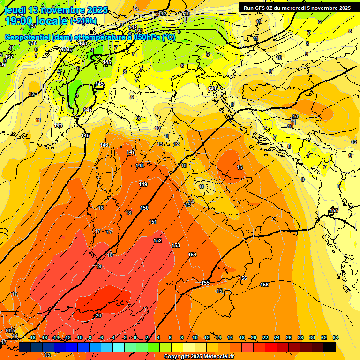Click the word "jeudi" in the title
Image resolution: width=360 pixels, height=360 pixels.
pos(15,10)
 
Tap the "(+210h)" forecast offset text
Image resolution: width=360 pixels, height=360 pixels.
pos(83,21)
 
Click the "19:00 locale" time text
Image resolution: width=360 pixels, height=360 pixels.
pos(36,21)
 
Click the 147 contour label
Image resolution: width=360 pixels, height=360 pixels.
pos(131,152)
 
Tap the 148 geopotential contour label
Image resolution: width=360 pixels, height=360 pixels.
pos(140,165)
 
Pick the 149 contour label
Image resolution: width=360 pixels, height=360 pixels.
pos(143,184)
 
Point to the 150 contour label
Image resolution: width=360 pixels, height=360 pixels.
pos(144,208)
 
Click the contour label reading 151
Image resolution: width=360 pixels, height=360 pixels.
pos(153,222)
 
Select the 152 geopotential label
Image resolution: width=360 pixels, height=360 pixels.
pos(157,240)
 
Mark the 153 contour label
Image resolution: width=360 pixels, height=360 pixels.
pos(176,245)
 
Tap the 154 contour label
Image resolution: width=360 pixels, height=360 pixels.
pos(192,255)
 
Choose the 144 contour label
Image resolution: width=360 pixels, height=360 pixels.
pos(58,125)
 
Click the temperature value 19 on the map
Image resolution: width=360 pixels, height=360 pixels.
pos(98,266)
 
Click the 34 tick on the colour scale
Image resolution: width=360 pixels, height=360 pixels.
pos(335,337)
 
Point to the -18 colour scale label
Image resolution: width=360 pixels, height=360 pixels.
pos(32,337)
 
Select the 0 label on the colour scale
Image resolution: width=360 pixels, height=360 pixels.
pos(135,337)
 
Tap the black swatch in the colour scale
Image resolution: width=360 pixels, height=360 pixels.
pos(330,347)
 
